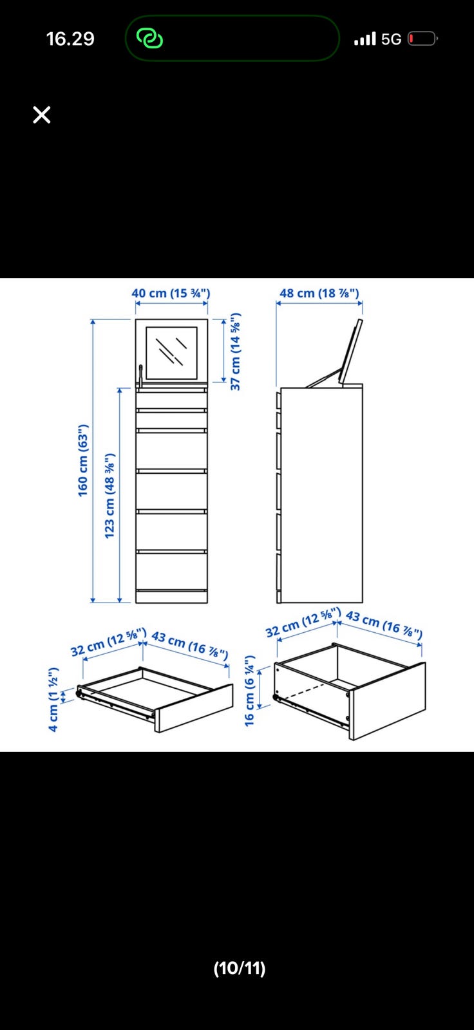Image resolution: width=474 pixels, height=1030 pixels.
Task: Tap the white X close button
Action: [x=41, y=115]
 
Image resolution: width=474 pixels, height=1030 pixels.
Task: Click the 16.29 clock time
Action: [x=70, y=39]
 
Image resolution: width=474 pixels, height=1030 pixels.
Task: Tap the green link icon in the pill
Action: [x=149, y=39]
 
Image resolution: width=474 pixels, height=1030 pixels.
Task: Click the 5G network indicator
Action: [x=391, y=39]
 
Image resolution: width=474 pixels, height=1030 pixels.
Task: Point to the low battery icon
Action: [x=422, y=39]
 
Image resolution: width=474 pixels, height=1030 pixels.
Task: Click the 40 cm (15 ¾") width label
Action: [x=171, y=293]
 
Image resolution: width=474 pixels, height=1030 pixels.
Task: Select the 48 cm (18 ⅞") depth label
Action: [x=319, y=293]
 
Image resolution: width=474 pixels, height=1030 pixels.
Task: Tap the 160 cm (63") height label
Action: [x=83, y=460]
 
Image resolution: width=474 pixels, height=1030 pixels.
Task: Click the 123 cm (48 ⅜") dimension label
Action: [x=109, y=496]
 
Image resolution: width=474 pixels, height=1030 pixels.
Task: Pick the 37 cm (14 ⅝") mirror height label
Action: [x=235, y=351]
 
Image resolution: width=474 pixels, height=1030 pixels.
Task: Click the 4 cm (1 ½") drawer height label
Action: [x=53, y=699]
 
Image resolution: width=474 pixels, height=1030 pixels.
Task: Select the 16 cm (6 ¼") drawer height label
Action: [x=249, y=691]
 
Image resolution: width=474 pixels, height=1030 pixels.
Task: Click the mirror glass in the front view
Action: [x=172, y=353]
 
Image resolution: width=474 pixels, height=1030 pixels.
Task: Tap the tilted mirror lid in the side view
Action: [x=350, y=351]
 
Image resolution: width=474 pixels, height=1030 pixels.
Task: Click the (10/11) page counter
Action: [x=240, y=968]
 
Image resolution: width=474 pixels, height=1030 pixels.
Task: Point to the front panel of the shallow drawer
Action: [x=194, y=708]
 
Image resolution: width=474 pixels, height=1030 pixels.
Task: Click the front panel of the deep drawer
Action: [x=388, y=701]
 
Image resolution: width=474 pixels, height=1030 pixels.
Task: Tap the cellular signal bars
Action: [x=365, y=39]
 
